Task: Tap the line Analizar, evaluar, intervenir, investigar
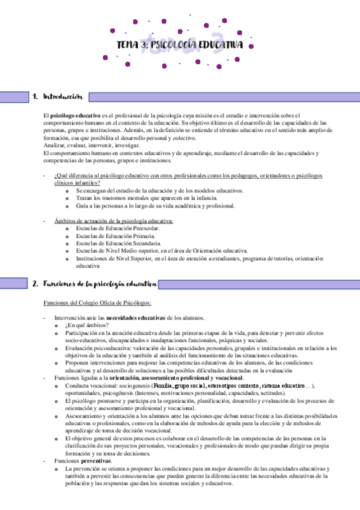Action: coord(91,146)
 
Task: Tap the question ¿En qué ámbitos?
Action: coord(87,325)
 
